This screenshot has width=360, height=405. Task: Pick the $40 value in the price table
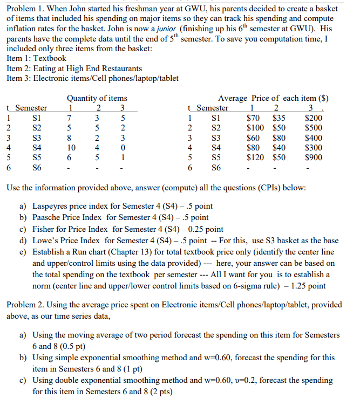coord(279,148)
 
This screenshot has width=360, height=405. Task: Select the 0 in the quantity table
coord(123,148)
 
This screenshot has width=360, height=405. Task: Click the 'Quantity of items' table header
coord(97,98)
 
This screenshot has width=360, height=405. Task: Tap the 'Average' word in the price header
coord(233,98)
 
